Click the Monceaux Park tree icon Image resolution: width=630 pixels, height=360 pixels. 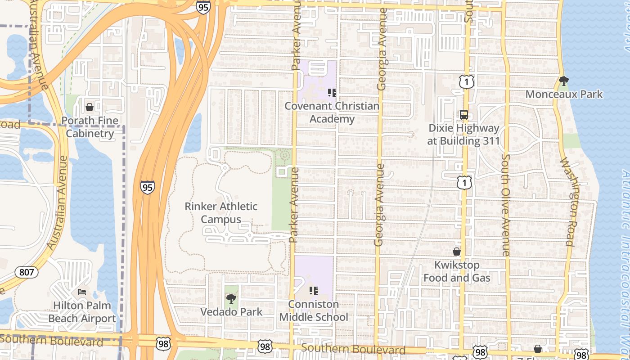[x=563, y=81]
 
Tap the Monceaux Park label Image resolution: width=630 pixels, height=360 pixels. [x=564, y=94]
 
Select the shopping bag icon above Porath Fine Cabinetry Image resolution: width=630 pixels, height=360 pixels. [x=90, y=107]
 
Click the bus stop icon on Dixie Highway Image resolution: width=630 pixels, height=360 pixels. [x=463, y=114]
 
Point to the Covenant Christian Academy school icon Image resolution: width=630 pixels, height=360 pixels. [x=332, y=93]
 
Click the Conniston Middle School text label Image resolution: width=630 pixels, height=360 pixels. [x=314, y=310]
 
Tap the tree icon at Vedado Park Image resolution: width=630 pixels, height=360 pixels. [x=231, y=298]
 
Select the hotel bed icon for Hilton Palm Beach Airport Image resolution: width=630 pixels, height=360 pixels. [x=82, y=292]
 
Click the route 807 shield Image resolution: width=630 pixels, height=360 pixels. [x=27, y=272]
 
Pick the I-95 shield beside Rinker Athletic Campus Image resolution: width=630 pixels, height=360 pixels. [x=147, y=187]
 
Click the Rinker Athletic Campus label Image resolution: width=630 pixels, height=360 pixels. [x=221, y=213]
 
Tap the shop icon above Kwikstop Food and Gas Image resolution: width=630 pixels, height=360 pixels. [x=456, y=252]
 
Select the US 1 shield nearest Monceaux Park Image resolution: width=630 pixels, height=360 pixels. [x=467, y=81]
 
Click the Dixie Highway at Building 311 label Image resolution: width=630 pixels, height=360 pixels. [x=463, y=135]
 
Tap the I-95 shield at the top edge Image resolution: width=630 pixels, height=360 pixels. [x=203, y=6]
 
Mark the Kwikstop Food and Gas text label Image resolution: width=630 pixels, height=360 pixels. [x=457, y=271]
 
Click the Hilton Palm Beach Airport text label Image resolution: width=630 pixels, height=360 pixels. [x=82, y=312]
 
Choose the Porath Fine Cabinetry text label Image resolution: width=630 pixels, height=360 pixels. [x=90, y=127]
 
